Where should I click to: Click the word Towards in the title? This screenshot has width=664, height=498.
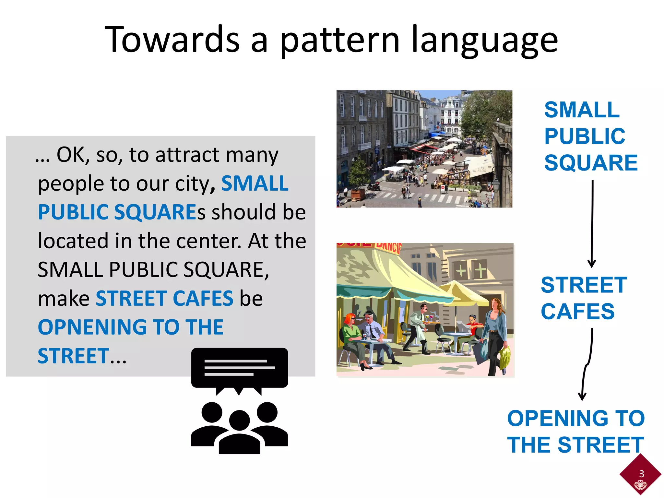(172, 40)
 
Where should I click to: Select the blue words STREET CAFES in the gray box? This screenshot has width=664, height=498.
(164, 298)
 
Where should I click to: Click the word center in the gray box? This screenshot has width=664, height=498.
(209, 241)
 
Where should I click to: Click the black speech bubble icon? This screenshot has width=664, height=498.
(239, 368)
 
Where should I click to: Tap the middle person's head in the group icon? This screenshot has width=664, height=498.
(239, 421)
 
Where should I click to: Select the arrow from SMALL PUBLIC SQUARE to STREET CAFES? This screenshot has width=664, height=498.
(592, 224)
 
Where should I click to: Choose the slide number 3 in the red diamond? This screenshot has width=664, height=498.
(641, 474)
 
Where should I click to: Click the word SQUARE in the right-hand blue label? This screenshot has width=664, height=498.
(591, 163)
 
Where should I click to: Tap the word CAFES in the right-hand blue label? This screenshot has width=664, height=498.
(577, 312)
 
